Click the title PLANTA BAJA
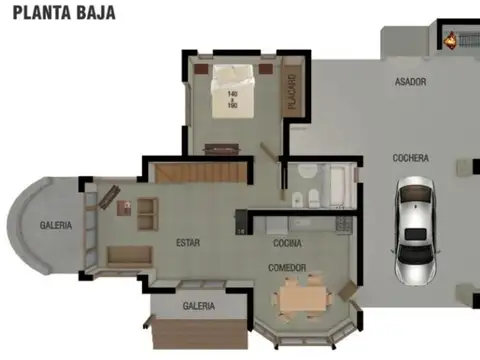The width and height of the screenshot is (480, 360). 64,13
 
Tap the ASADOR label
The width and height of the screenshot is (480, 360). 410,81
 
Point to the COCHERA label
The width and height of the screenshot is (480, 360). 410,158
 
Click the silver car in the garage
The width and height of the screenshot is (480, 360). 412,229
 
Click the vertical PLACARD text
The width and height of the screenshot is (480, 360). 292,93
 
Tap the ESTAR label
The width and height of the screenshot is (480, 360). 187,243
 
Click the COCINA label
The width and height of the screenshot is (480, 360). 287,243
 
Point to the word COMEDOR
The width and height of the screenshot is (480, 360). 287,268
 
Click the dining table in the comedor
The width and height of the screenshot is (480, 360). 301,296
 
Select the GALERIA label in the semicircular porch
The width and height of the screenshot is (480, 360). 56,226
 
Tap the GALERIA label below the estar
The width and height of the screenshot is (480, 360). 197,306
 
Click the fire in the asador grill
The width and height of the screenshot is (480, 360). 451,41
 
